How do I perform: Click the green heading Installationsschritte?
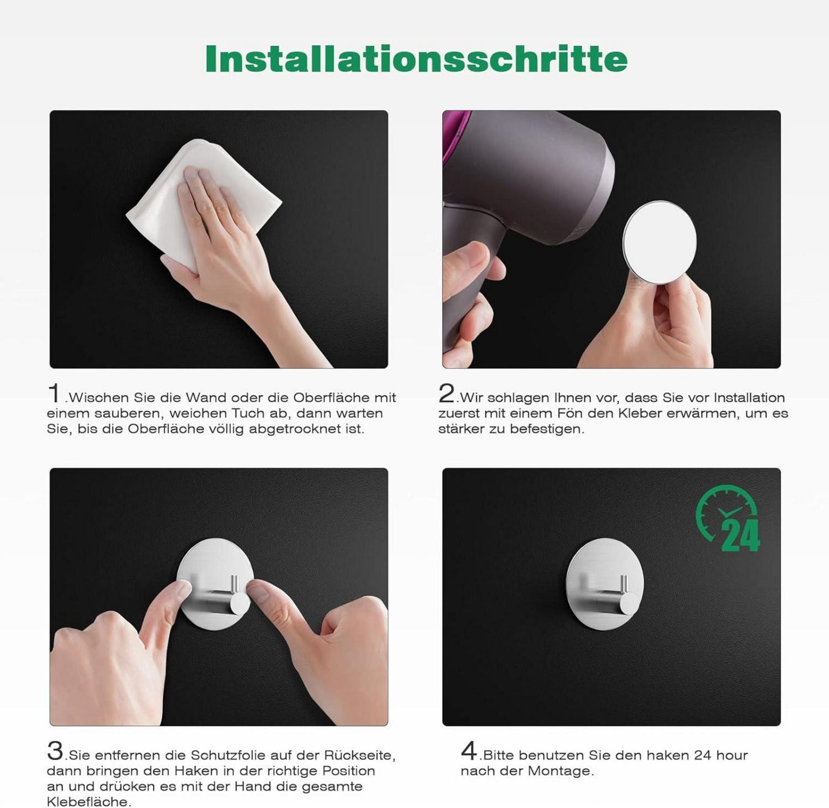(x=416, y=58)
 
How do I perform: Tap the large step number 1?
(x=54, y=393)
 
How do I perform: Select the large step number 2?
(x=447, y=393)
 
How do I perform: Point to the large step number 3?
(x=55, y=750)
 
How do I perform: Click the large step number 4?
(x=469, y=750)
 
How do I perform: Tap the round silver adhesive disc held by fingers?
(x=660, y=241)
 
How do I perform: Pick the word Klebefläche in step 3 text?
(x=88, y=802)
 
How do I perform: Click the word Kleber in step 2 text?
(x=640, y=413)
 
